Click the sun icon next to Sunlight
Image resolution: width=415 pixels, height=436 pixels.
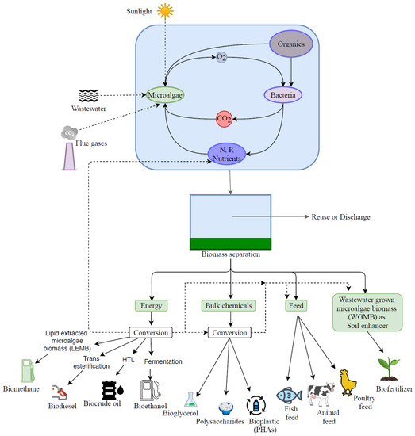pos(163,11)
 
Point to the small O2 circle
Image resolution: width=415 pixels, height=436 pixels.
pos(224,58)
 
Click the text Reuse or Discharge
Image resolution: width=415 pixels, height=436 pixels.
pos(340,216)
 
